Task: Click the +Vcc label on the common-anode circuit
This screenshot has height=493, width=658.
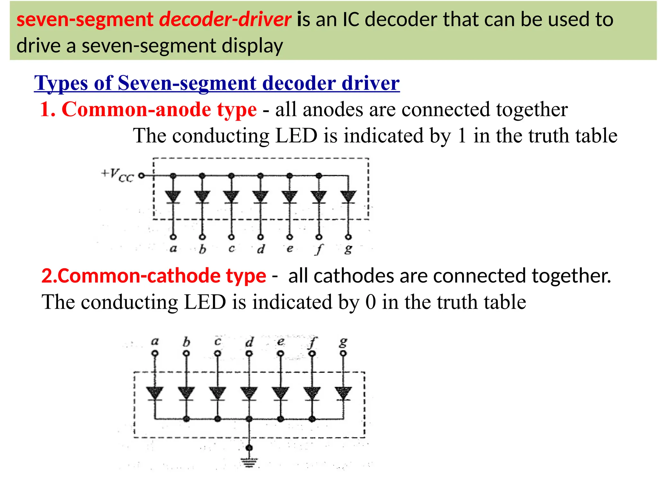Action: pyautogui.click(x=118, y=175)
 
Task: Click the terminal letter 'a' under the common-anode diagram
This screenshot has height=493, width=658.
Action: pyautogui.click(x=173, y=248)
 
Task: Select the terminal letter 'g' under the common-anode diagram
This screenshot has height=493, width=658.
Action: pyautogui.click(x=348, y=249)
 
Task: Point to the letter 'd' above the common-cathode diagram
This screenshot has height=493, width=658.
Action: pyautogui.click(x=249, y=342)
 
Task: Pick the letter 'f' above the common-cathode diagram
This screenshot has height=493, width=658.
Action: pyautogui.click(x=312, y=342)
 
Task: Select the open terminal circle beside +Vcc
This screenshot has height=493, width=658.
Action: pyautogui.click(x=141, y=176)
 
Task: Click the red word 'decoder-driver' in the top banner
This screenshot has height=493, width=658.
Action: pyautogui.click(x=225, y=19)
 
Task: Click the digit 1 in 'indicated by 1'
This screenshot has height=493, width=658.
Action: pyautogui.click(x=462, y=135)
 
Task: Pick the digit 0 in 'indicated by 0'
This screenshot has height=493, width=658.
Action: pyautogui.click(x=370, y=302)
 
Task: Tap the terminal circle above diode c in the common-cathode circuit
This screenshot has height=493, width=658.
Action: pyautogui.click(x=218, y=353)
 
